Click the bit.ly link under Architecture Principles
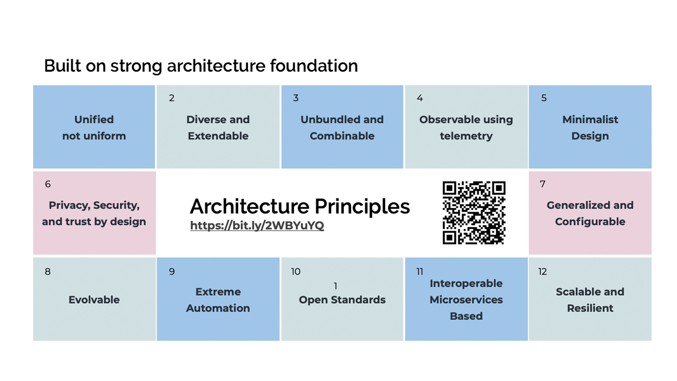(257, 225)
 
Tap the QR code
(474, 213)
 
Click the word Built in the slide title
(63, 66)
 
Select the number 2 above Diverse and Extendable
(172, 98)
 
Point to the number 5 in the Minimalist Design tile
(544, 98)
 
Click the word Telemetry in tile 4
(466, 136)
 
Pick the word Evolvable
(94, 300)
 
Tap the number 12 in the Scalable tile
(542, 271)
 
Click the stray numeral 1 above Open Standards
(335, 286)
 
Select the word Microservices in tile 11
(466, 300)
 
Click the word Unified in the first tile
(94, 119)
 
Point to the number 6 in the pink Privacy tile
(48, 184)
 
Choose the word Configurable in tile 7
(590, 222)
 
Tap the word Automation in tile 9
(218, 308)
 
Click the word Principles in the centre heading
(362, 207)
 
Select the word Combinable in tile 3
(342, 136)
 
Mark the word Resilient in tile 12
(590, 308)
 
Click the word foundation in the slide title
(314, 66)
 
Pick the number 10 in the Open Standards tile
(295, 271)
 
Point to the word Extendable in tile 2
(218, 136)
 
